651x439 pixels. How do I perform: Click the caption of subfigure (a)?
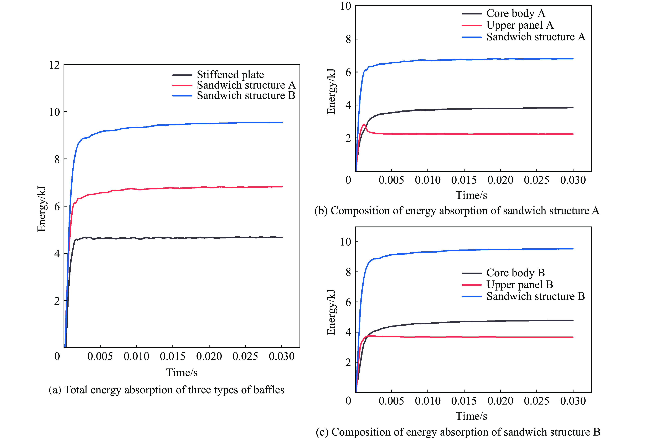coord(167,390)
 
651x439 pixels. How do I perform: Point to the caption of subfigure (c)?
coord(458,432)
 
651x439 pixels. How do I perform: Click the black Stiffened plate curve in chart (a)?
coord(196,238)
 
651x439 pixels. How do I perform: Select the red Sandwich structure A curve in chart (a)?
coord(196,188)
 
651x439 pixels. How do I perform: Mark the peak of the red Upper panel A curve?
coord(364,124)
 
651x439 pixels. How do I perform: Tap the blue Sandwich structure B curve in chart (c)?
coord(476,250)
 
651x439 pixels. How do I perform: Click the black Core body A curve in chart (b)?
coord(476,109)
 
